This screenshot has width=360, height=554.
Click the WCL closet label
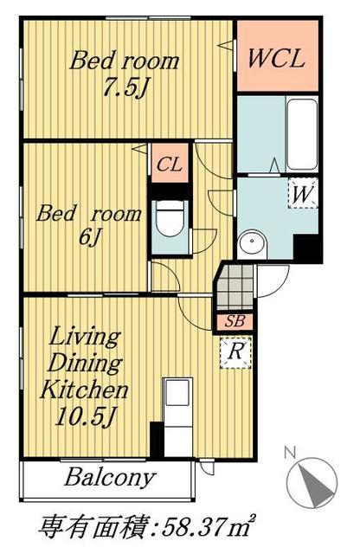(276, 58)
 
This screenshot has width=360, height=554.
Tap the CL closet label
(170, 164)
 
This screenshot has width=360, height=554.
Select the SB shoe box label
(235, 321)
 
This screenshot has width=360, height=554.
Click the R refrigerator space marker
(235, 352)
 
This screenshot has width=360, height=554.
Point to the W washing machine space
(303, 193)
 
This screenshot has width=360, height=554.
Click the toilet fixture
(170, 218)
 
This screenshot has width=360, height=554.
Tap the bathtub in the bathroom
(302, 134)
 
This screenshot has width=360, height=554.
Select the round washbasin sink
(252, 242)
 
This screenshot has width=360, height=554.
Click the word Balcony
(110, 478)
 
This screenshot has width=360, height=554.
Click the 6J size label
(89, 236)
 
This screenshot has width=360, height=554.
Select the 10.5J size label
(86, 417)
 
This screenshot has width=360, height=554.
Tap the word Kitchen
(84, 390)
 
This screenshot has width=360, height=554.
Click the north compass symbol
(312, 483)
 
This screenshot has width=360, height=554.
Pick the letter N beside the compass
(290, 453)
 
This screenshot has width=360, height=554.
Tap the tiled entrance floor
(235, 287)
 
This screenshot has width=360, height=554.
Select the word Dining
(85, 363)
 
